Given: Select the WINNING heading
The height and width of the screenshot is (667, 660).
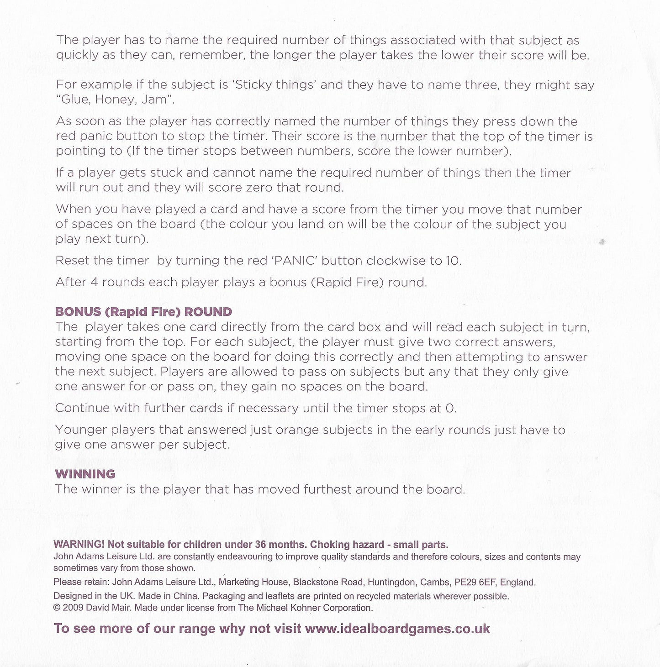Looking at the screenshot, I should (85, 474).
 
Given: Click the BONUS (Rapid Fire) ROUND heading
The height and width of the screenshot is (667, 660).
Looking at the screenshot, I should (143, 312).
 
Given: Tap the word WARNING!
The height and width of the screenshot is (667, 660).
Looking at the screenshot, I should (79, 545).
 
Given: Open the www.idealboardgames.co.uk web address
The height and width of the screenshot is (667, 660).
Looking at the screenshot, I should (397, 629).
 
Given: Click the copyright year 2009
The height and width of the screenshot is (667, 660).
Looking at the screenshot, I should (72, 608).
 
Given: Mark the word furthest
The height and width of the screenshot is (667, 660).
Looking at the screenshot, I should (328, 489).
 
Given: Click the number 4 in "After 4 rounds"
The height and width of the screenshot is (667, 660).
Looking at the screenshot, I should (94, 282).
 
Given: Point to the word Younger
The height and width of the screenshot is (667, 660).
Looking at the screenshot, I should (81, 430).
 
